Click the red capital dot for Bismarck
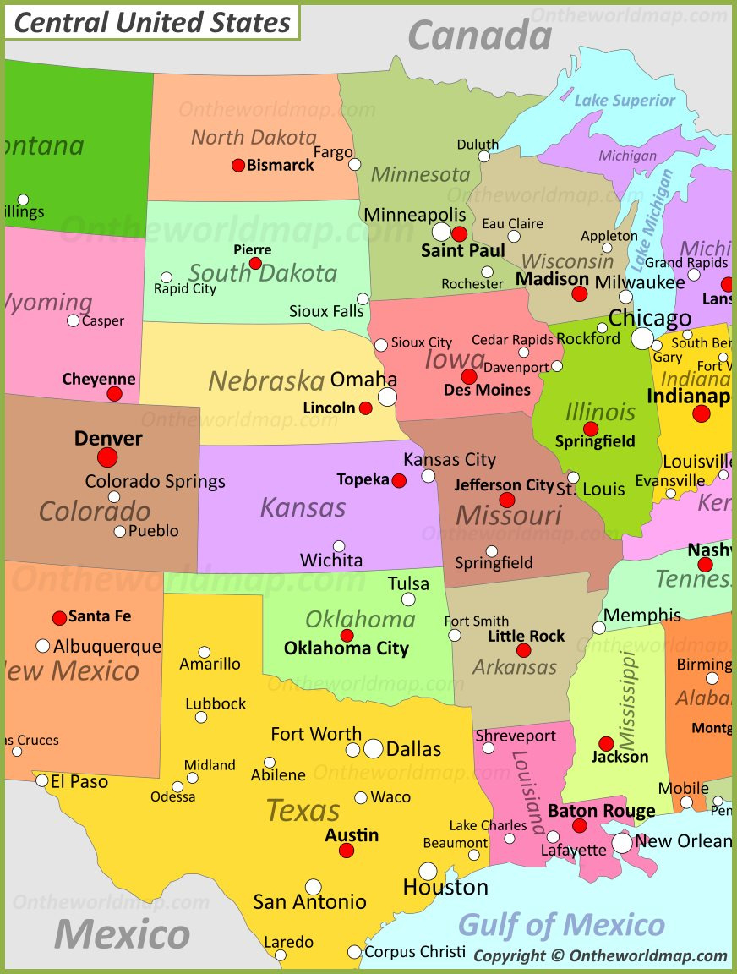238,166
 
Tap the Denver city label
108,438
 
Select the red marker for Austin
347,851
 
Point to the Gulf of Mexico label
561,924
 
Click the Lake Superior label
625,101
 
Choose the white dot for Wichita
339,546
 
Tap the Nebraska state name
266,381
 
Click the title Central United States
152,23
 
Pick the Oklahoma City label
346,649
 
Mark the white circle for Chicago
642,339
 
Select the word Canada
479,36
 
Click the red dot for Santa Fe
59,618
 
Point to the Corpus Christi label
415,952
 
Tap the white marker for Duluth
483,156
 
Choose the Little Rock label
526,636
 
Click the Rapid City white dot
167,277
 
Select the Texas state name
303,811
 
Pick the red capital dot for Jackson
606,744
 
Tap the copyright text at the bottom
600,956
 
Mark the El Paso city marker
42,780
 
